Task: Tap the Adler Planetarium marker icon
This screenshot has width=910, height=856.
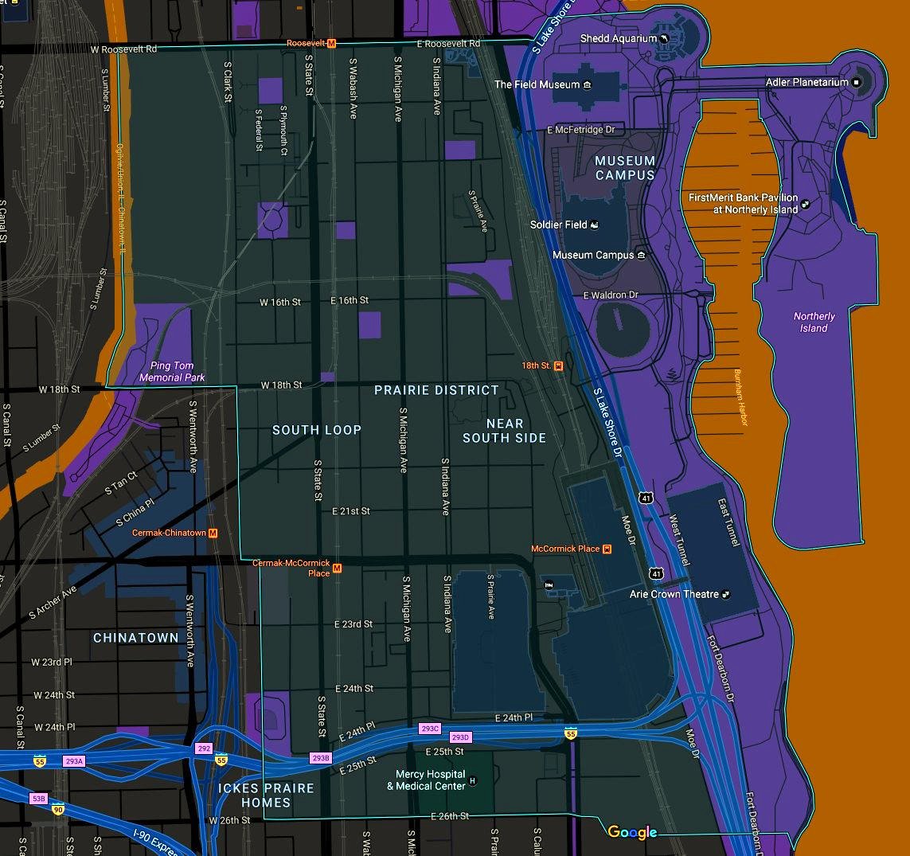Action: pos(857,82)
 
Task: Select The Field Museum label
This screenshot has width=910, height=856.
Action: pos(537,84)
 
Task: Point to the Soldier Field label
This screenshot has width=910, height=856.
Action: pos(558,225)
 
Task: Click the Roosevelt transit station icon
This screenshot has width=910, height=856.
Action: pos(332,43)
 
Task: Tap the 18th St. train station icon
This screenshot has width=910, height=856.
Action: pos(559,365)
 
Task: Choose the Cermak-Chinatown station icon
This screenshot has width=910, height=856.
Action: pos(213,533)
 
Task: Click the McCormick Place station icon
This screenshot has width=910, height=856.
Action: pos(607,549)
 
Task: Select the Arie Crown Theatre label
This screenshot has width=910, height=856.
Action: pos(674,594)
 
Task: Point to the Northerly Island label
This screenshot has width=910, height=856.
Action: pos(814,322)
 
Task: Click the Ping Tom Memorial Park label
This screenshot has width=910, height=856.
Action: pos(172,372)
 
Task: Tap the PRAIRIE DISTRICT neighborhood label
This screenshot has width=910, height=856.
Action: pos(436,390)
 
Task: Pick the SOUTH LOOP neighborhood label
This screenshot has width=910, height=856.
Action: pos(317,430)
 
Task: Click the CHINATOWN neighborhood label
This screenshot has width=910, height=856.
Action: pos(136,638)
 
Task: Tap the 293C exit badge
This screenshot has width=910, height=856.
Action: pos(430,729)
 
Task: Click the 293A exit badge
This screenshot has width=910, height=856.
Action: pos(73,761)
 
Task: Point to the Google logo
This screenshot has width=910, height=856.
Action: pos(632,832)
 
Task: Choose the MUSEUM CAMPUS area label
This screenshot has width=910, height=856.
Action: pos(625,168)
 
